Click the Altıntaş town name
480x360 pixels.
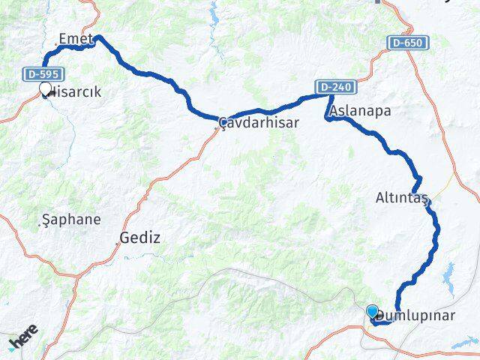coord(402,199)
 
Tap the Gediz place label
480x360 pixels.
coord(139,238)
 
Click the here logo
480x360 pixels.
coord(22,341)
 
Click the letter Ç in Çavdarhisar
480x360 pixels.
coord(222,123)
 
